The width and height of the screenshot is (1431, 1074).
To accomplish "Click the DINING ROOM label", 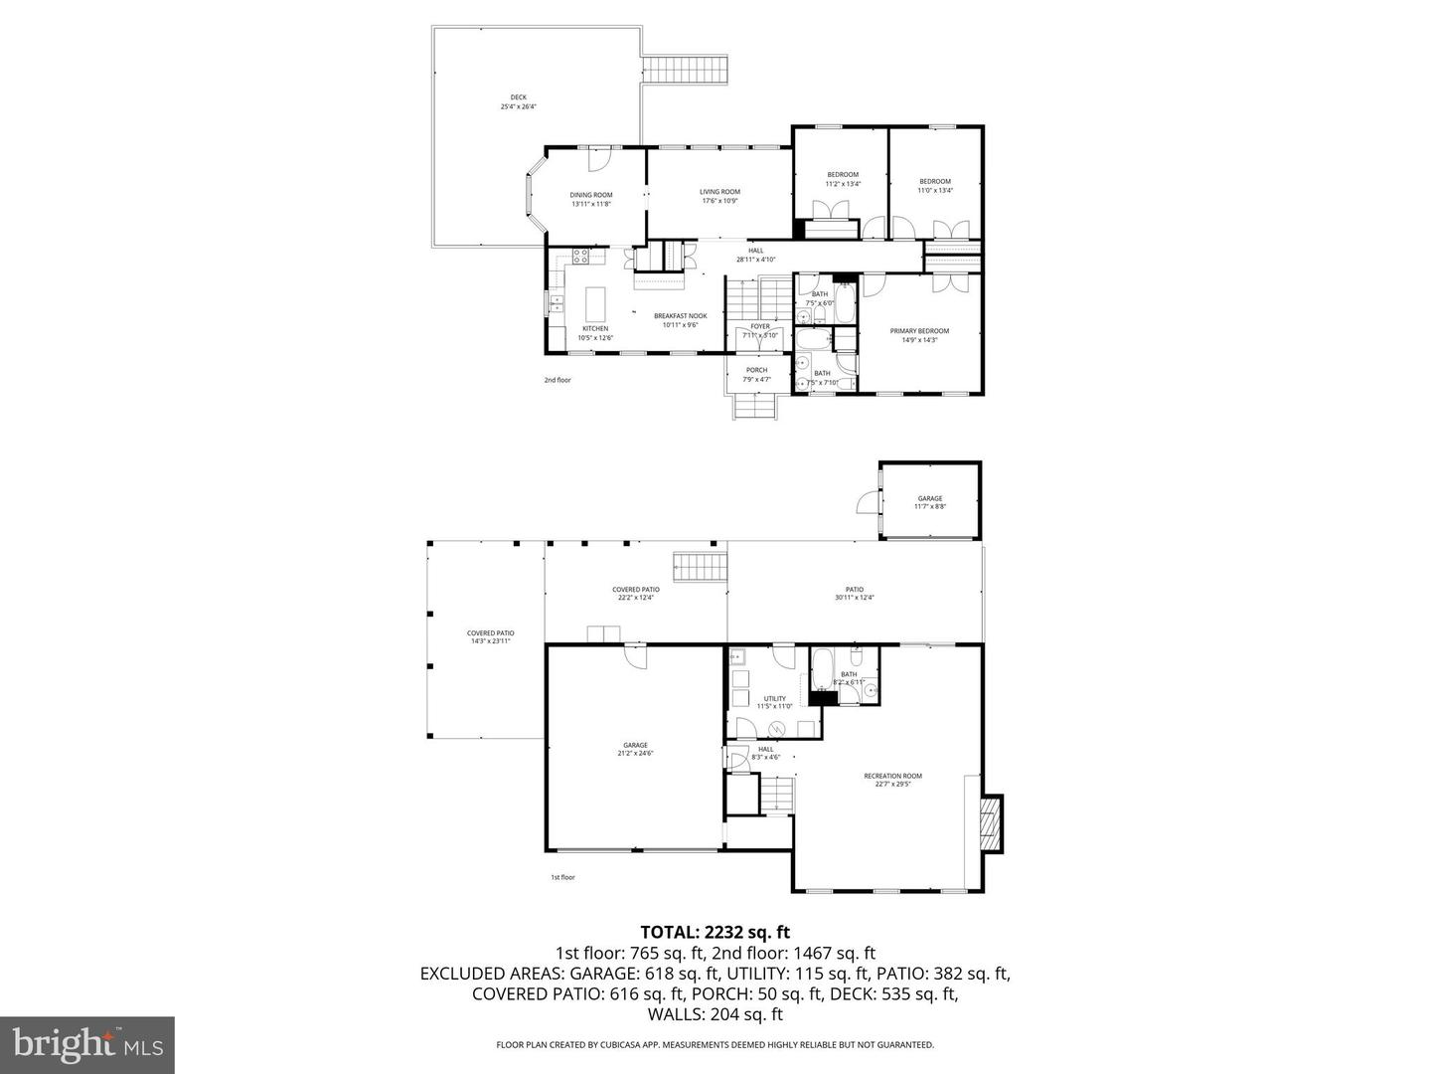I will (590, 195).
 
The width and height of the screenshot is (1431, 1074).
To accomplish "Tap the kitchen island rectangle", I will (596, 299).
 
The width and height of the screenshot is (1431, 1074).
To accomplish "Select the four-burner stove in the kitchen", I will (581, 258).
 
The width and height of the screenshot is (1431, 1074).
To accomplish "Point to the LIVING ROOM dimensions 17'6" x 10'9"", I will (719, 201).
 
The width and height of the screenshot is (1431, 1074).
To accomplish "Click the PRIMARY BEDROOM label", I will (919, 331).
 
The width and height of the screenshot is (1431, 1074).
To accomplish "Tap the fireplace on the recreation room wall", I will (991, 823).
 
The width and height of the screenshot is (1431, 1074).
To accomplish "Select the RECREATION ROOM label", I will (892, 776).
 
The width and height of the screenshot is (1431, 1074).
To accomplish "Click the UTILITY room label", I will (774, 698).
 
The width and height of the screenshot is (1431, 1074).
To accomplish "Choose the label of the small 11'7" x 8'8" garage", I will (929, 498).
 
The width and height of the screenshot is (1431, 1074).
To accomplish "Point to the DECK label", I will (519, 97).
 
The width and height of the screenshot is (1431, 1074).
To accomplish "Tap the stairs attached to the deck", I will (687, 70).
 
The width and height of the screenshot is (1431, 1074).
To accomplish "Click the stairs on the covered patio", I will (701, 568).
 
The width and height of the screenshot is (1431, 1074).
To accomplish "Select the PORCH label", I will (756, 370).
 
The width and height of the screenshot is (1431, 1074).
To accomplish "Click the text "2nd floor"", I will (557, 380).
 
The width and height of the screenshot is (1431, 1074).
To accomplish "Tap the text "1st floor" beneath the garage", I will (562, 877).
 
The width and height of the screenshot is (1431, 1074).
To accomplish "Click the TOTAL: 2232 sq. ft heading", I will (715, 932).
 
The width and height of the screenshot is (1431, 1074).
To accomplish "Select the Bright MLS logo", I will (87, 1044).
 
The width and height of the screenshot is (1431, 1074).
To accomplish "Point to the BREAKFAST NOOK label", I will (680, 315).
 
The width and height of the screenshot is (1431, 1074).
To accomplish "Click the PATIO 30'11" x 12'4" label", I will (854, 589).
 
